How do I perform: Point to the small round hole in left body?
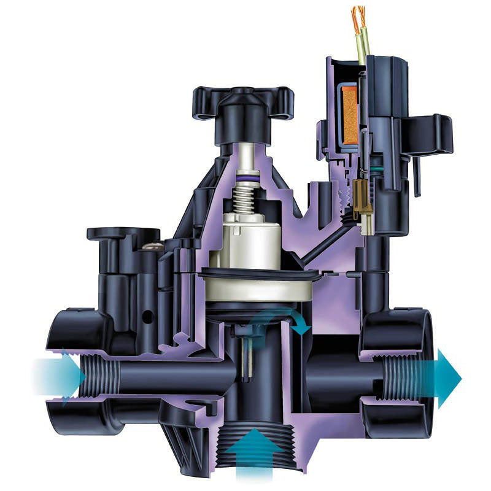(x=147, y=318)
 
